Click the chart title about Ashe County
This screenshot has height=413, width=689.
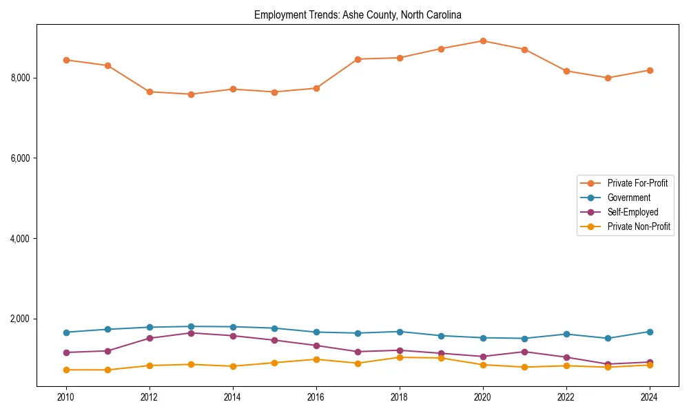[x=358, y=14]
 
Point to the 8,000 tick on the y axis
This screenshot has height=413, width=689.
[x=20, y=78]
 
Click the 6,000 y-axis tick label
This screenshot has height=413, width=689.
[x=20, y=158]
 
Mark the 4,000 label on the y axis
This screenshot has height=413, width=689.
[x=20, y=239]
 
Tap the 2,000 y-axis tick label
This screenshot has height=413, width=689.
[x=20, y=319]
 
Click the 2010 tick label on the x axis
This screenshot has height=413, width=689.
[x=66, y=397]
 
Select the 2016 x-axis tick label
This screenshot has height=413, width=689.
[x=316, y=397]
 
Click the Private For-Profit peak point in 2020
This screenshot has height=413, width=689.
[x=483, y=41]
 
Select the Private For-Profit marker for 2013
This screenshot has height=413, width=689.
[x=191, y=94]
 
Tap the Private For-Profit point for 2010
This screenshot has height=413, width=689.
[x=66, y=60]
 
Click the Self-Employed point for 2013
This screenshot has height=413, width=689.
[x=191, y=333]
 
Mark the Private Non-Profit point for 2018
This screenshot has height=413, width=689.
[x=400, y=357]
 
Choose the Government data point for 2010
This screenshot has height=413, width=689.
[x=66, y=332]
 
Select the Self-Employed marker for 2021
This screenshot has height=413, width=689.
[x=524, y=352]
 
